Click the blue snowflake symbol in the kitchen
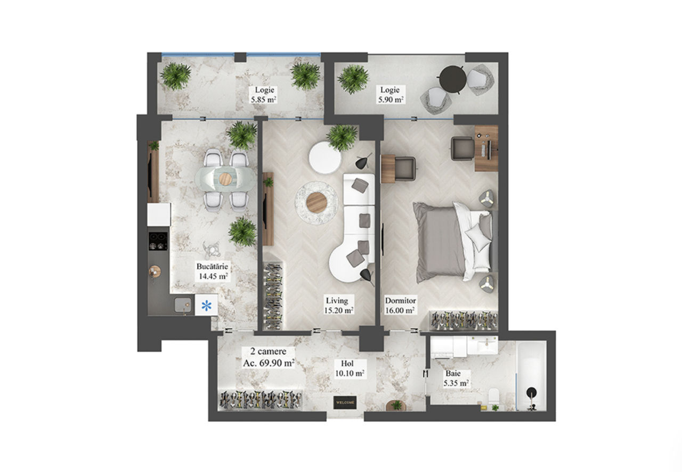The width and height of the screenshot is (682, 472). tap(206, 305)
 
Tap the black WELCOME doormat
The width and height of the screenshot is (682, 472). tap(345, 402)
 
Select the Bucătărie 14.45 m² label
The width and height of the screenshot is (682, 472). tap(212, 271)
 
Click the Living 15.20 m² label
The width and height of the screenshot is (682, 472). tap(338, 305)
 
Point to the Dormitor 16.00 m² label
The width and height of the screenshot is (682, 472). tap(400, 305)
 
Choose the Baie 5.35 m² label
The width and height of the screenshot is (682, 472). tap(455, 378)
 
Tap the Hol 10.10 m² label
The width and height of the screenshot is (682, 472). tap(350, 368)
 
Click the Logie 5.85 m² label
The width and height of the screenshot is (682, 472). tap(264, 95)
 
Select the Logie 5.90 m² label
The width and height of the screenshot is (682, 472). tap(391, 95)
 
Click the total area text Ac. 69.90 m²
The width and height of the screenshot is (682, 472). tap(269, 363)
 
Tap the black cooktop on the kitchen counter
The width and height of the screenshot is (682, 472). tap(158, 241)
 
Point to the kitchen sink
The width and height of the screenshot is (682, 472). tap(183, 305)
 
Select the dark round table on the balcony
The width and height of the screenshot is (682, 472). tap(453, 79)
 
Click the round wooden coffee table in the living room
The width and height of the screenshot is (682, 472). tap(316, 202)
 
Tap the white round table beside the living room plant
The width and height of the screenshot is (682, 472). tap(324, 158)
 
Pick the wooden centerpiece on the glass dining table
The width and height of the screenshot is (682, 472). tap(225, 178)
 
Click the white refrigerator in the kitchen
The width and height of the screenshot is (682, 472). tap(159, 214)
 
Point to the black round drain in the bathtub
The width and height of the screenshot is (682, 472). tap(531, 392)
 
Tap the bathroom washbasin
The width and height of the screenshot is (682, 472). tap(483, 345)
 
